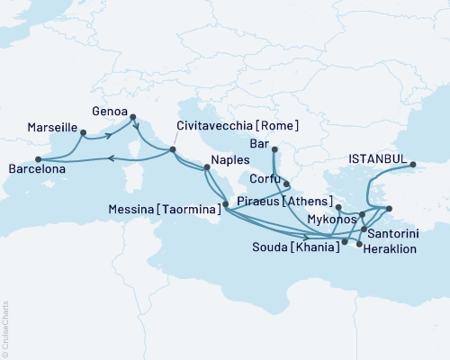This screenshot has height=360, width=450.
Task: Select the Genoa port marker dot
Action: pos(133,116)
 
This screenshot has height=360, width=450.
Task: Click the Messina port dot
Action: pos(225,206)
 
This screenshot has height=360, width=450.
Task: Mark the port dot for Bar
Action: pos(274,150)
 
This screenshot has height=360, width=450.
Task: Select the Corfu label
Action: pos(265,180)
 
